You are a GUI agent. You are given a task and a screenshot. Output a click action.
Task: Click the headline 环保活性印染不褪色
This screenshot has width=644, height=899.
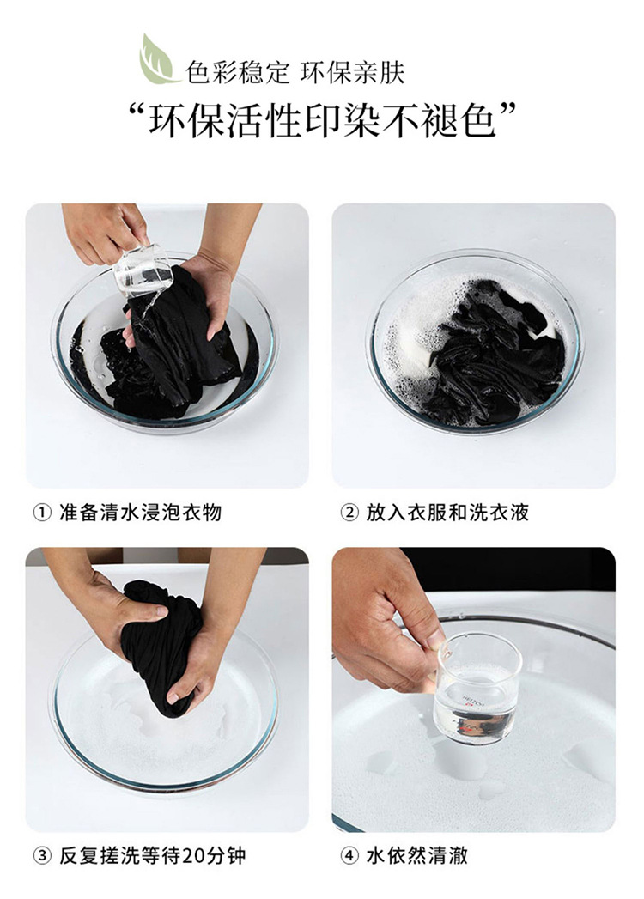click(x=322, y=121)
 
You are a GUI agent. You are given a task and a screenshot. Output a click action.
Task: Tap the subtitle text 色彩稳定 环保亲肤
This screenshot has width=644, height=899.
click(x=295, y=73)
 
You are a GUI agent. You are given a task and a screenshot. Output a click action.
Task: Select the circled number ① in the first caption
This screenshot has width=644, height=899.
click(x=42, y=513)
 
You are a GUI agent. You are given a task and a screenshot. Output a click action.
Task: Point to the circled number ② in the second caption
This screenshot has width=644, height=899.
click(x=349, y=513)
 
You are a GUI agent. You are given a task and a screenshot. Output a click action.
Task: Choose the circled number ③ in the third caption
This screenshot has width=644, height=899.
click(x=42, y=857)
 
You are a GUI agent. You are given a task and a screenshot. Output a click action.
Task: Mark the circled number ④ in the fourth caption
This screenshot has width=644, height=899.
click(x=349, y=857)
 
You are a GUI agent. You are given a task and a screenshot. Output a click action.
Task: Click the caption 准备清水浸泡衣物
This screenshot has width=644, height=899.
click(x=141, y=513)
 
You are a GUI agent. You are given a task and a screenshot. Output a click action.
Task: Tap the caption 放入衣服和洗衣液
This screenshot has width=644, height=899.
click(x=447, y=513)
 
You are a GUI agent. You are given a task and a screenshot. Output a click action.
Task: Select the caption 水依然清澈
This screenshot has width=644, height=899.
click(x=417, y=857)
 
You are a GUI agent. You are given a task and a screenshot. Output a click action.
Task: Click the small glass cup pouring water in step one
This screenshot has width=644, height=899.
click(x=143, y=272)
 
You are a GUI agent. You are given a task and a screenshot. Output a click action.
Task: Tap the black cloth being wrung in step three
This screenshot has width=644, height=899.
click(x=160, y=642)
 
